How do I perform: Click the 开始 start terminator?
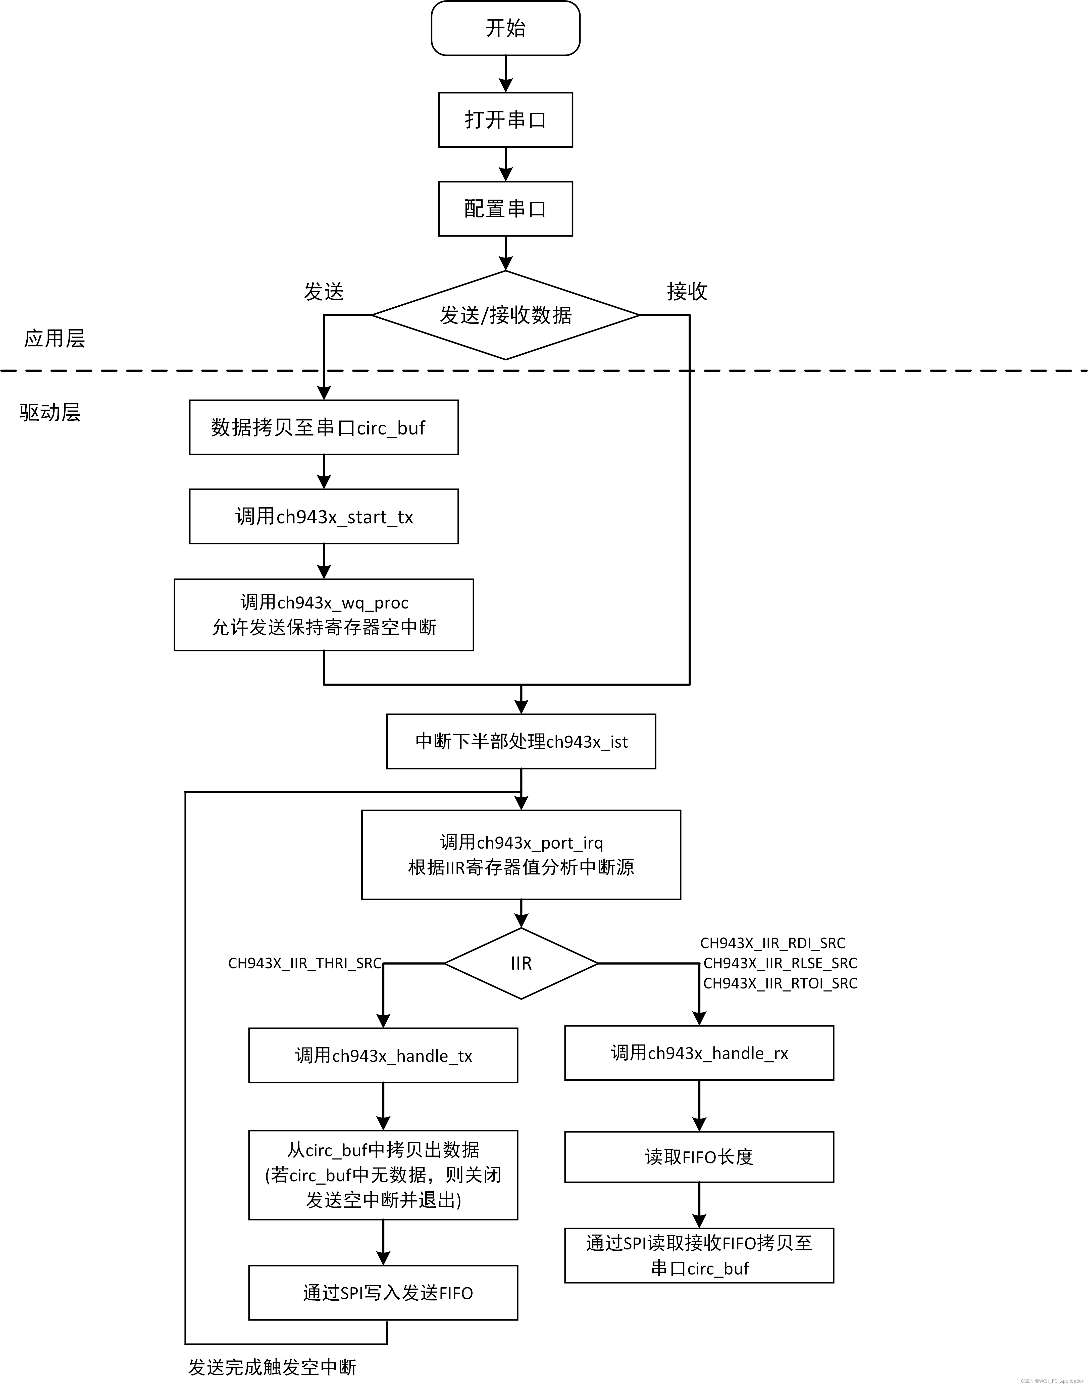click(x=505, y=28)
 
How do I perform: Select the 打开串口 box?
click(x=505, y=120)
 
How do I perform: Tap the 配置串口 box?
click(x=505, y=209)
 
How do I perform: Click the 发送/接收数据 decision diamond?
click(x=505, y=315)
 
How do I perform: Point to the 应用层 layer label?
click(x=54, y=338)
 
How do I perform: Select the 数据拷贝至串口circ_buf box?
click(x=324, y=427)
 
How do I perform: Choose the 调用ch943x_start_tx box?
click(x=324, y=516)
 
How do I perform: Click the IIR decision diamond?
click(x=521, y=963)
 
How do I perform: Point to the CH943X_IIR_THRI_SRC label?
click(x=304, y=963)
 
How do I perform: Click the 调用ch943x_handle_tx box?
click(x=383, y=1056)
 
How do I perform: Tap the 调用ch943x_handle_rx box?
click(x=699, y=1053)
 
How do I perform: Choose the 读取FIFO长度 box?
click(x=699, y=1157)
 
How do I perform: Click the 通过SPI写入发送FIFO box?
click(x=383, y=1293)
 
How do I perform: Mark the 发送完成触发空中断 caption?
click(x=272, y=1367)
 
